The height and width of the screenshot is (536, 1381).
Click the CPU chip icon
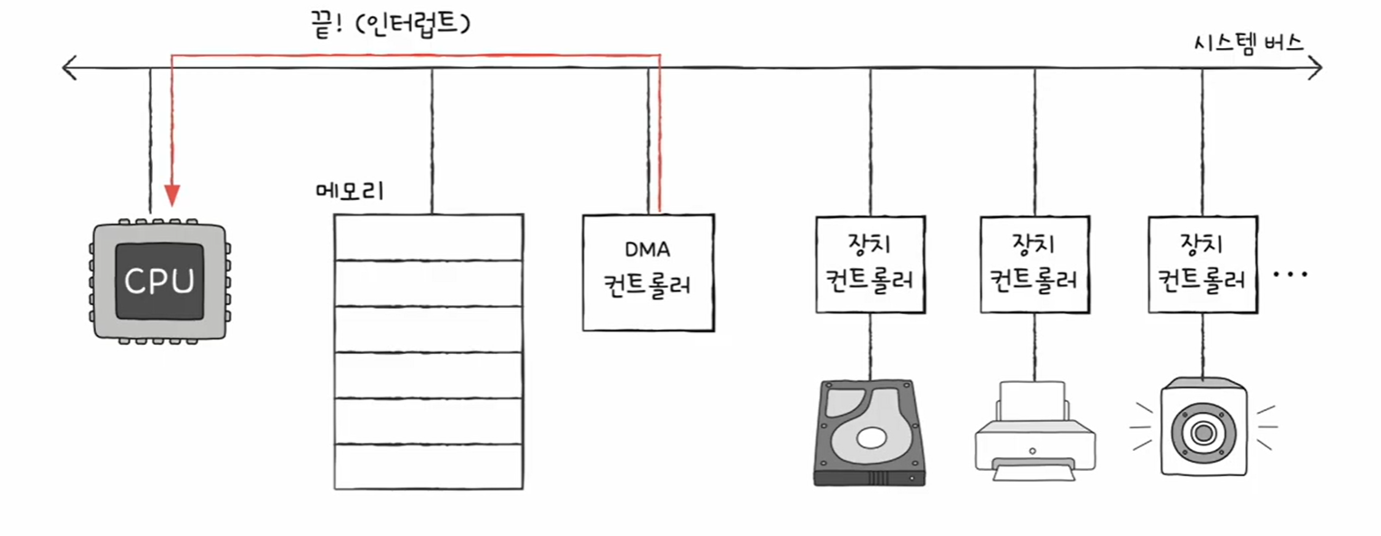159,281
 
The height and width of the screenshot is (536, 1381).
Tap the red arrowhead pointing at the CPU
172,196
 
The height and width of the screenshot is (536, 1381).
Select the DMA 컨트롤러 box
648,273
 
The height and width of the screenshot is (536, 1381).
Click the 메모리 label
349,192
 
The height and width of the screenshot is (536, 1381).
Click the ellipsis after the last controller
1291,273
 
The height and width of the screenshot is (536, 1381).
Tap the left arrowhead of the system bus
65,67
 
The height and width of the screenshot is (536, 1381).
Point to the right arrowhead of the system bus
1317,67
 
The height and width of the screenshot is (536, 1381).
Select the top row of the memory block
428,237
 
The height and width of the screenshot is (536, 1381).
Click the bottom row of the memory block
428,467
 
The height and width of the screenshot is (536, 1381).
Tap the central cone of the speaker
1203,433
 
